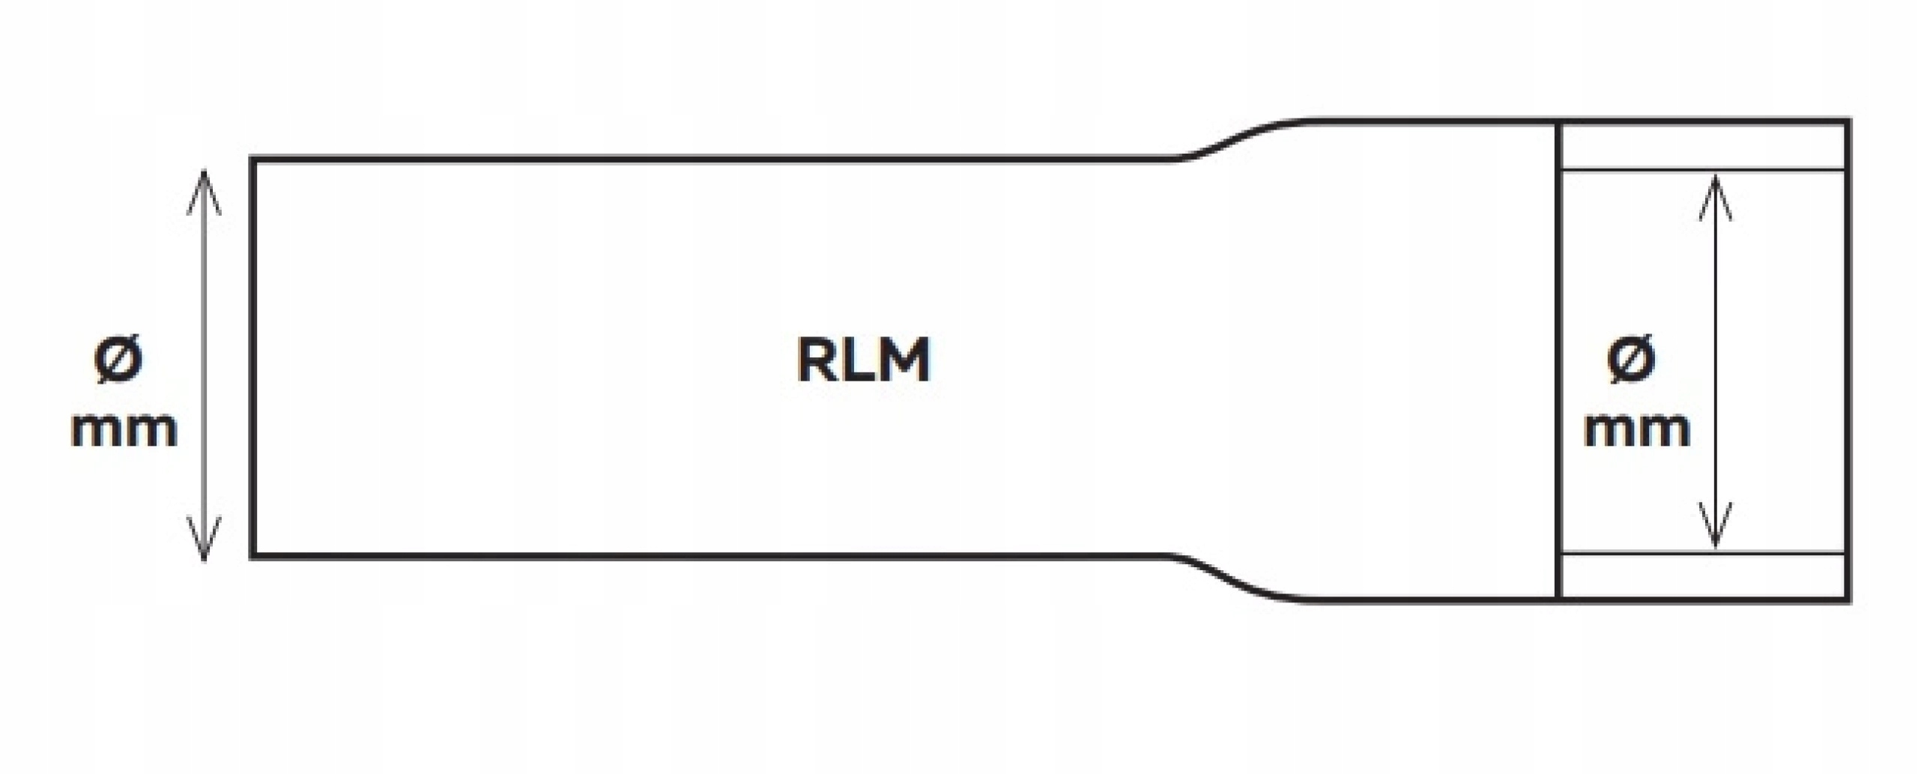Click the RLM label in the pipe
click(862, 360)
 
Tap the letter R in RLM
click(816, 360)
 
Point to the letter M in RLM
click(903, 360)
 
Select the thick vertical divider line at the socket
click(1558, 360)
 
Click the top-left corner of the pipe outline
click(253, 160)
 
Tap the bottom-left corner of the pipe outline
click(253, 556)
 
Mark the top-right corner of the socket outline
click(1848, 121)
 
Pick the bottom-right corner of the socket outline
click(1848, 599)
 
